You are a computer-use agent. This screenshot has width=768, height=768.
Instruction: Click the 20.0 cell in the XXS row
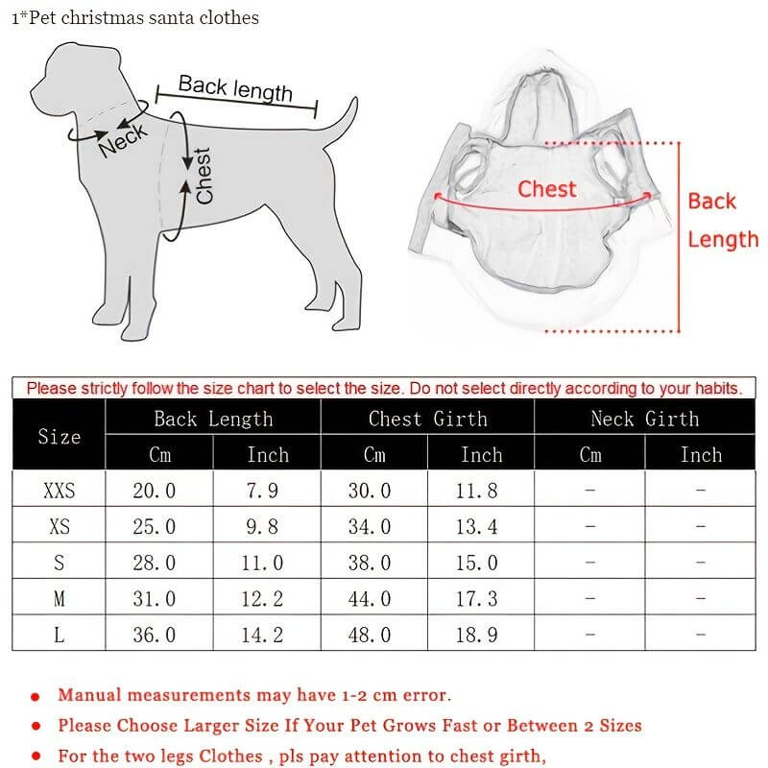155,491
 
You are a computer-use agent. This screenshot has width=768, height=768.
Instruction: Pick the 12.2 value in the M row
262,599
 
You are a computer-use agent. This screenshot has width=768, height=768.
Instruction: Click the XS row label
60,527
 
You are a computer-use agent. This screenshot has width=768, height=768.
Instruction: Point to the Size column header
60,437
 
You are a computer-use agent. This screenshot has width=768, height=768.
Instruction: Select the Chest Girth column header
427,419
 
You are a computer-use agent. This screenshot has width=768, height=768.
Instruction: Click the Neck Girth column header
644,419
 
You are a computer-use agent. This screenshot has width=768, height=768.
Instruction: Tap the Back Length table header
213,419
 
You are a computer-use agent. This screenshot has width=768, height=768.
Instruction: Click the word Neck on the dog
123,139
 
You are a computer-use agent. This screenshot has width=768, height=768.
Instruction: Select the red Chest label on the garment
547,189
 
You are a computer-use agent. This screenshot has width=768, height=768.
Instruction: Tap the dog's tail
338,121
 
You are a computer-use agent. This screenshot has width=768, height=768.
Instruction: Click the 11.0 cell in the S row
262,563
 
